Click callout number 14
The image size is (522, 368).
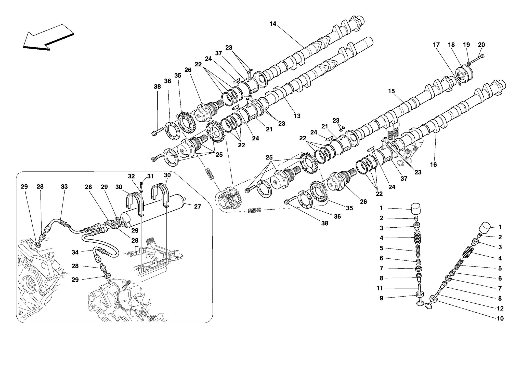tap(272, 24)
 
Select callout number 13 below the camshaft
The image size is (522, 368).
tap(297, 116)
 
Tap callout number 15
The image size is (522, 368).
tap(391, 91)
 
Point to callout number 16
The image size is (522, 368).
tap(433, 165)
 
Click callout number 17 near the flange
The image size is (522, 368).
tap(436, 45)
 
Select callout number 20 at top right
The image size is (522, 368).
tap(481, 45)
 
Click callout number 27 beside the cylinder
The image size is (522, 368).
tap(198, 207)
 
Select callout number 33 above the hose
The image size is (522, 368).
tap(64, 187)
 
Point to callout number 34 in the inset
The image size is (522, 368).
tap(75, 252)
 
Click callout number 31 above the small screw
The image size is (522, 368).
tap(150, 176)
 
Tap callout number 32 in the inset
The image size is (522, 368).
tap(131, 176)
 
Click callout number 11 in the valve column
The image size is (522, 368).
tap(380, 288)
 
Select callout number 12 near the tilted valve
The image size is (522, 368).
tap(500, 308)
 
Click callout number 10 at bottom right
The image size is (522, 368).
tap(500, 318)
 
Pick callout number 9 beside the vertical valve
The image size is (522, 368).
tap(381, 298)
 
